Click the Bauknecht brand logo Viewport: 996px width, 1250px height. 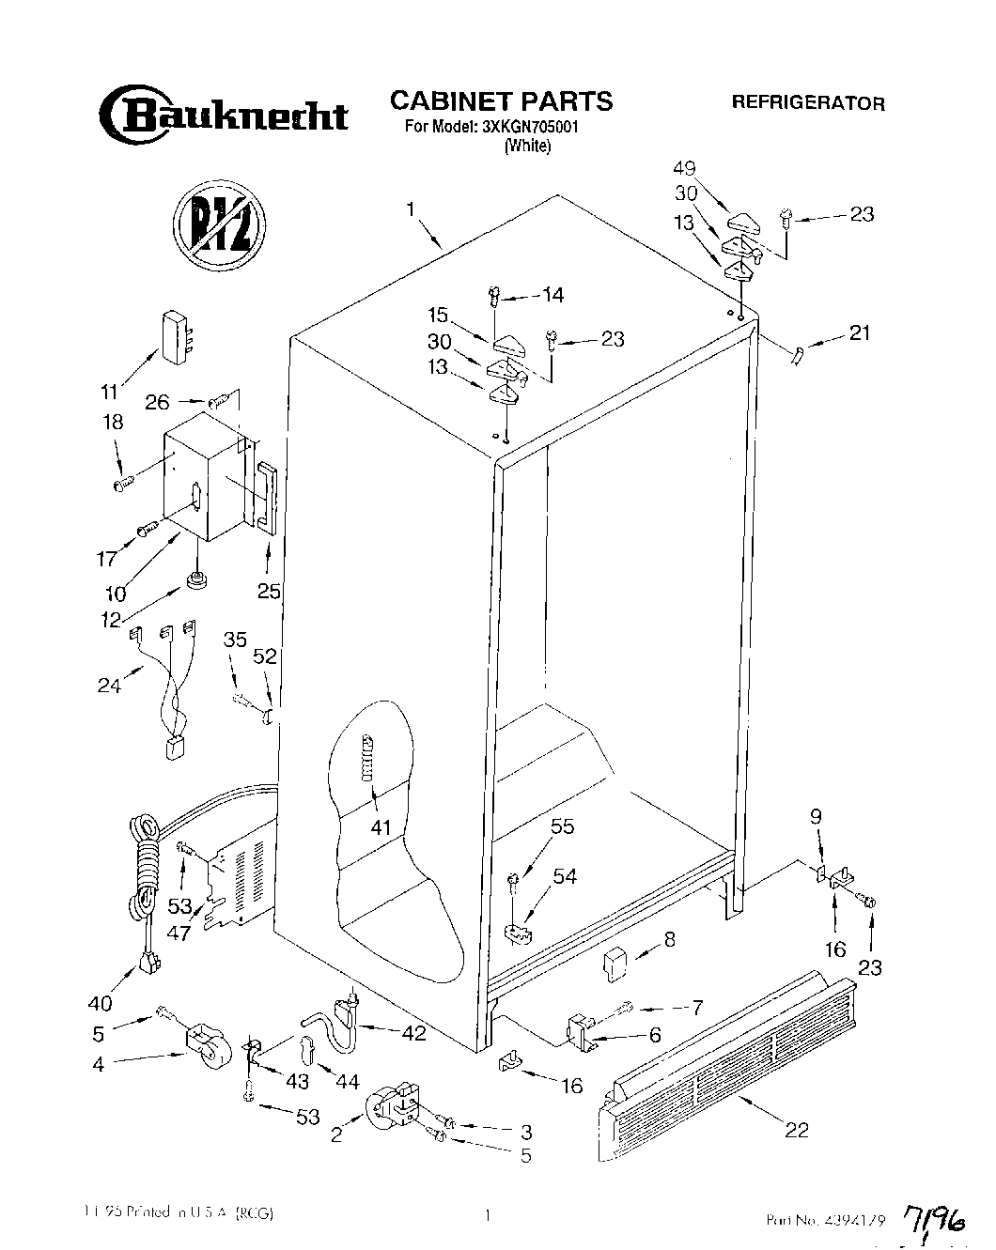(x=223, y=115)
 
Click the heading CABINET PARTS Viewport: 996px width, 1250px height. (x=501, y=100)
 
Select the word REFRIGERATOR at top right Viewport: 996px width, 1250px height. (x=808, y=103)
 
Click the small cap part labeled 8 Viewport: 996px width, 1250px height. (x=615, y=962)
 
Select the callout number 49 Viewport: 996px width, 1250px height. (x=710, y=169)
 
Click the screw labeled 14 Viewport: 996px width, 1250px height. (x=492, y=299)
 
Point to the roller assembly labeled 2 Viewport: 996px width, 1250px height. (x=395, y=1104)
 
